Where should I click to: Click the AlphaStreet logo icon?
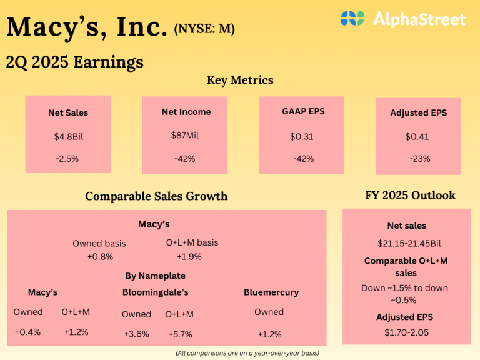tap(352, 19)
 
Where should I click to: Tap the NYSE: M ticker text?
tap(205, 29)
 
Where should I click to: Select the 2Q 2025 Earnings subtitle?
tap(74, 62)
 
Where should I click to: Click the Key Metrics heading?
tap(240, 80)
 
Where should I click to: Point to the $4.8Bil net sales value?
tap(68, 136)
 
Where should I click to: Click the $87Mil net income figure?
tap(186, 135)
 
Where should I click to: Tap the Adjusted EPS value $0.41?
tap(418, 136)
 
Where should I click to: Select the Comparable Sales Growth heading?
tap(156, 196)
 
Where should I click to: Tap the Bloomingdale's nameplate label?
tap(156, 292)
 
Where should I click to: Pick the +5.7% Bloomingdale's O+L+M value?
tap(180, 334)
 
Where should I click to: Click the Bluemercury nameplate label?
tap(271, 292)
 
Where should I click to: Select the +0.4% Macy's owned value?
tap(27, 332)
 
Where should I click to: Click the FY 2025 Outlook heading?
tap(410, 195)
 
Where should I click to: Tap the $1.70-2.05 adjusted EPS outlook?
tap(406, 332)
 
